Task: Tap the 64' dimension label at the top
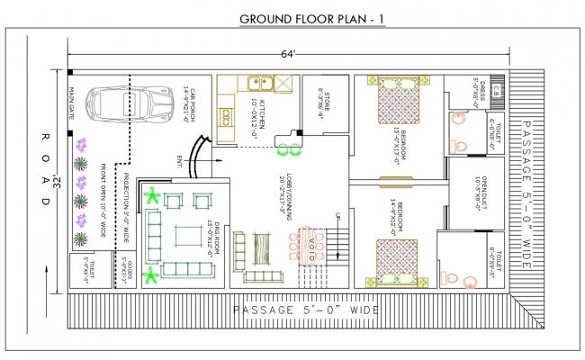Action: click(288, 55)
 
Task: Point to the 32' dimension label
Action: click(56, 183)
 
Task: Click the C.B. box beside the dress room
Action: click(496, 88)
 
